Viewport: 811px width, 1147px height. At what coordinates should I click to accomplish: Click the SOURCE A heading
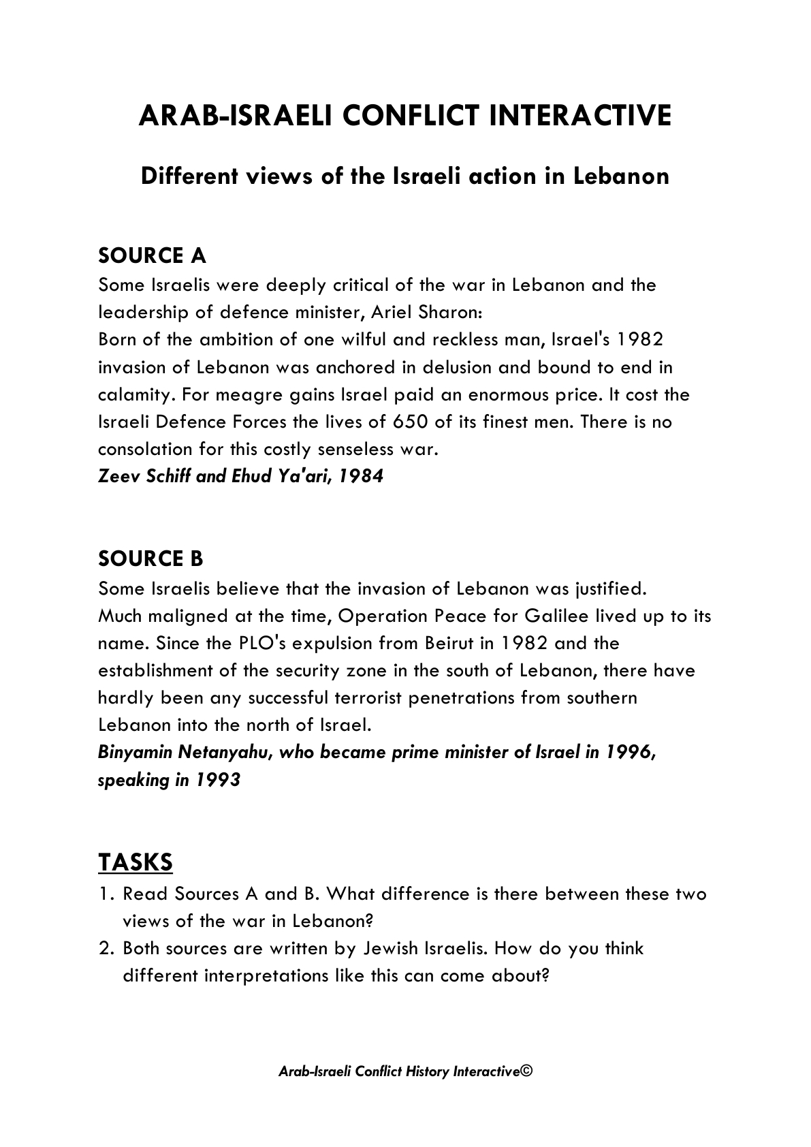coord(152,256)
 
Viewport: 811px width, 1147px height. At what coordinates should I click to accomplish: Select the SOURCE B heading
coord(150,559)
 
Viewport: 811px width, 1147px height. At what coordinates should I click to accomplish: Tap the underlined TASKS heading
coord(136,862)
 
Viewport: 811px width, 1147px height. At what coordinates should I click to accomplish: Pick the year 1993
coord(218,780)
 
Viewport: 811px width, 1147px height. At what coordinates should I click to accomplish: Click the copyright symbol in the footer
coord(526,1071)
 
